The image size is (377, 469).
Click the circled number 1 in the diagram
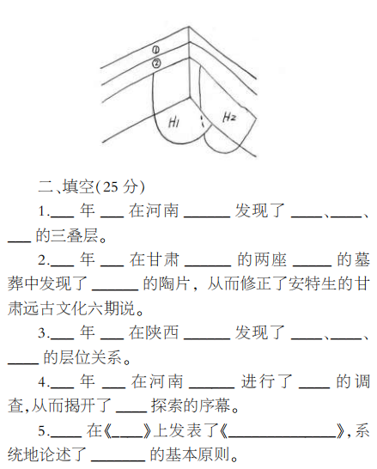point(155,50)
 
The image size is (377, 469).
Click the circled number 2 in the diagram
point(156,63)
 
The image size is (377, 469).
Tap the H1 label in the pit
point(173,122)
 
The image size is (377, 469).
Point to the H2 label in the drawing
point(229,117)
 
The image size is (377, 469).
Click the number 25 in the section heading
point(110,187)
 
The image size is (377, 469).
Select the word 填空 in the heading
point(78,187)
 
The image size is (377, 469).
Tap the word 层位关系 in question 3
point(82,357)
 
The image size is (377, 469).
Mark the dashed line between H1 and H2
point(202,120)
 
